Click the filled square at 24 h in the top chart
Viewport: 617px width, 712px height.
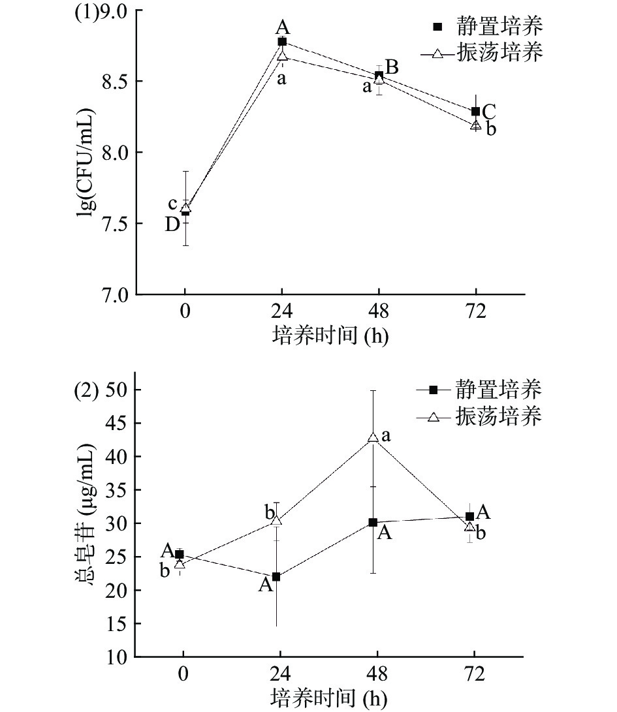[282, 41]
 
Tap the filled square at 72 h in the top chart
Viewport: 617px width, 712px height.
[475, 112]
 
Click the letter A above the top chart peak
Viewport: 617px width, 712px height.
[283, 27]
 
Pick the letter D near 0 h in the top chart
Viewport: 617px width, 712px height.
[172, 224]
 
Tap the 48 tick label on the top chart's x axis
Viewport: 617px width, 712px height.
[379, 312]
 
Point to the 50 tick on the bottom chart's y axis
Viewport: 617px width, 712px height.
[118, 390]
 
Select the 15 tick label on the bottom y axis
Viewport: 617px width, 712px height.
[118, 624]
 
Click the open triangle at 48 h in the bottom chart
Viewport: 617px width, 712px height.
[373, 437]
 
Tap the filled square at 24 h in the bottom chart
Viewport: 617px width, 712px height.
[276, 577]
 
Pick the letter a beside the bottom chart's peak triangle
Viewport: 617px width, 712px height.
[386, 435]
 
